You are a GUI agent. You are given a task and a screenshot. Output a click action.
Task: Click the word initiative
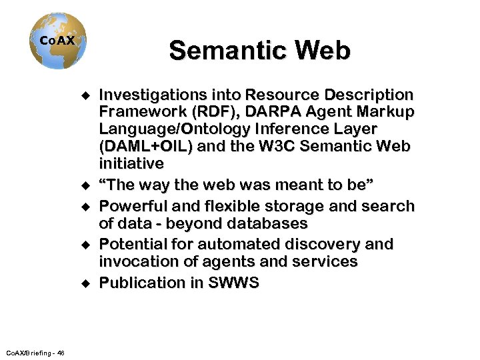[131, 163]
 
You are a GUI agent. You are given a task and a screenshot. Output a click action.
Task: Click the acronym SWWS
[233, 283]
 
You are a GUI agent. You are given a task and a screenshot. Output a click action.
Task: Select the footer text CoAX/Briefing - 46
[34, 351]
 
